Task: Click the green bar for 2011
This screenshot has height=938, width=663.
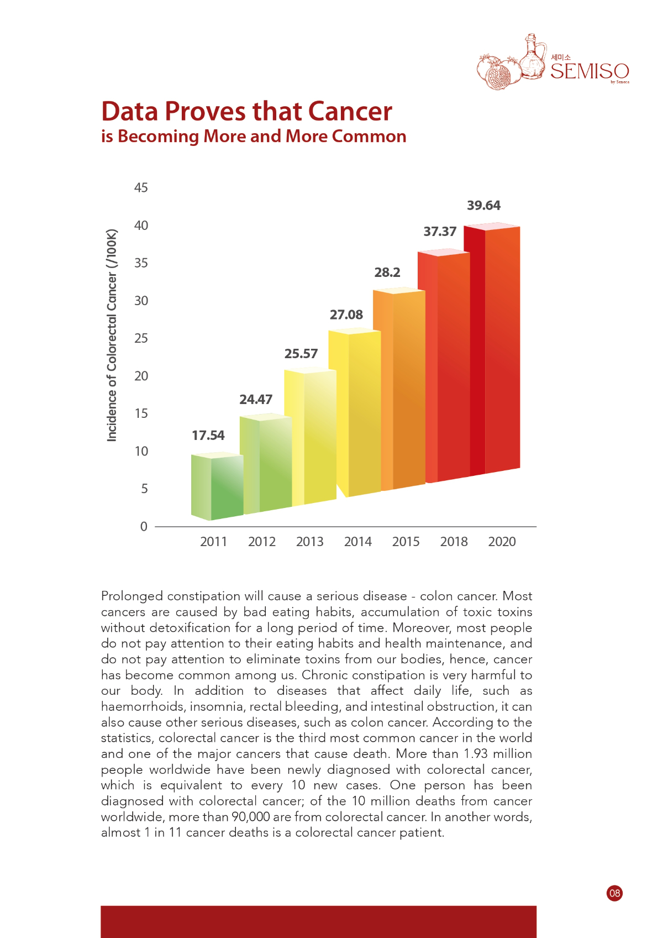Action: (x=217, y=486)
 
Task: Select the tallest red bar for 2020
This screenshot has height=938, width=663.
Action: (x=492, y=350)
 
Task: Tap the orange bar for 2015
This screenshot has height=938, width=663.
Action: (x=399, y=390)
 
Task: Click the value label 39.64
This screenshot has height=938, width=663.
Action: (x=483, y=206)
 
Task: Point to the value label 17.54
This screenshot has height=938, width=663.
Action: (x=208, y=436)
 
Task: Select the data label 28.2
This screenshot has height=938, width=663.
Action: (x=387, y=273)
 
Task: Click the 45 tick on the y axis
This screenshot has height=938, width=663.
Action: (x=141, y=187)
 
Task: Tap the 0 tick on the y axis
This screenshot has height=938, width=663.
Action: (x=144, y=526)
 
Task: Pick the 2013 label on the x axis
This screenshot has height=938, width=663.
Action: (x=310, y=542)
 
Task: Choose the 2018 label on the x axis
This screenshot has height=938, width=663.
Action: (x=454, y=542)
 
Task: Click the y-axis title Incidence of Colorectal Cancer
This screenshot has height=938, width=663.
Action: (x=112, y=335)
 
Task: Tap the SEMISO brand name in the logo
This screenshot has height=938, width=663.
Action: (x=590, y=71)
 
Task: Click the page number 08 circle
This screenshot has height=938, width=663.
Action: (x=614, y=893)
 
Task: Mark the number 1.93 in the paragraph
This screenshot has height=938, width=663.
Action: (x=476, y=754)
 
